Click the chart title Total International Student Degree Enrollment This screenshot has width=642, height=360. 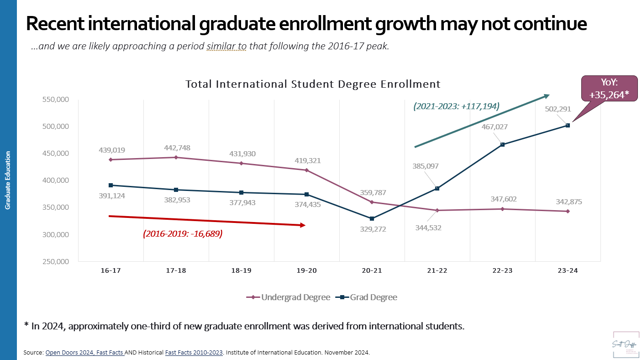(x=313, y=85)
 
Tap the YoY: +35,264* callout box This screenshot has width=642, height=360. (x=609, y=88)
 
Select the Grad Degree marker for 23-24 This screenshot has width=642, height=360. (x=568, y=125)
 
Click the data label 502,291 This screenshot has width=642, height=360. (x=558, y=109)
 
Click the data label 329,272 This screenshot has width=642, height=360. (x=372, y=229)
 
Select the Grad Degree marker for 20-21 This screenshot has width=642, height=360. (x=372, y=219)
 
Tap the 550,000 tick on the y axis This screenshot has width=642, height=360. (x=56, y=100)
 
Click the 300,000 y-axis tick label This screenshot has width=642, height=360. (x=56, y=234)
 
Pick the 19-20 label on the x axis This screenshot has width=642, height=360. (x=306, y=270)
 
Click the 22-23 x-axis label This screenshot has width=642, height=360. (x=502, y=270)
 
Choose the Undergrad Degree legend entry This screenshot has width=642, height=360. (x=289, y=297)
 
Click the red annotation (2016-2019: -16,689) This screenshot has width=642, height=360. (x=183, y=233)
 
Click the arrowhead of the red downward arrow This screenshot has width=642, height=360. (x=302, y=225)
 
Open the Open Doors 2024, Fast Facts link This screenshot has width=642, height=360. (x=85, y=353)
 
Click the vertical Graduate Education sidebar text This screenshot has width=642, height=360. (x=8, y=180)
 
